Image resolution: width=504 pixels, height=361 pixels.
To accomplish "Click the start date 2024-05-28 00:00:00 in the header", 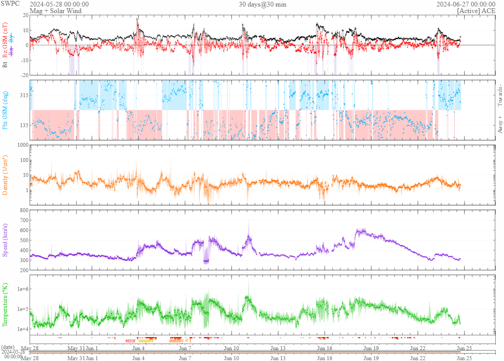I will (x=59, y=4).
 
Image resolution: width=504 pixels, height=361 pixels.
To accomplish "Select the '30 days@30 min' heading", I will (x=262, y=4).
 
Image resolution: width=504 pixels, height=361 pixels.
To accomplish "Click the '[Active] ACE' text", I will (x=476, y=10).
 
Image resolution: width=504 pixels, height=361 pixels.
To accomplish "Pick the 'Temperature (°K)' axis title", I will (x=5, y=305).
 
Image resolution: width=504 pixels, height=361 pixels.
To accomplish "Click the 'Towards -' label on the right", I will (x=499, y=95).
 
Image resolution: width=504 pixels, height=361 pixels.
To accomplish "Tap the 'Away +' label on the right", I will (x=499, y=125).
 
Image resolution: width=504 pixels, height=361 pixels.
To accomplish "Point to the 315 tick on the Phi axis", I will (x=23, y=95).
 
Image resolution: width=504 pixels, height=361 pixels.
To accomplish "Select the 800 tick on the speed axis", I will (x=24, y=210).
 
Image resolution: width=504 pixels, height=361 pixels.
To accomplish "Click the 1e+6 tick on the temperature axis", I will (x=21, y=289).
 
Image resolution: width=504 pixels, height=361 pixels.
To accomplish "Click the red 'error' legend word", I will (x=131, y=341).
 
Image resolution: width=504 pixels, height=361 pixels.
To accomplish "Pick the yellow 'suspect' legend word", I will (x=146, y=341).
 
